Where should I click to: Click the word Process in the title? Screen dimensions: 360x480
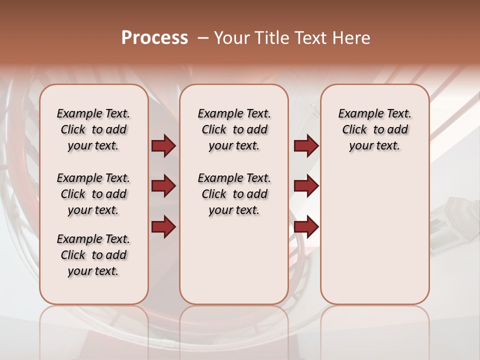tap(154, 38)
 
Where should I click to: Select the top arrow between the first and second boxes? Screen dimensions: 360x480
tap(163, 146)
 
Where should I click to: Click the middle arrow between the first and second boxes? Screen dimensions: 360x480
tap(163, 186)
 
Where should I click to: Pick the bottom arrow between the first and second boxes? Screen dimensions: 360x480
tap(163, 226)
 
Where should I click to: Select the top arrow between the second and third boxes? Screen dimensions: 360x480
tap(306, 146)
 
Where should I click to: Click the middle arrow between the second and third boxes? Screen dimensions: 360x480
tap(306, 186)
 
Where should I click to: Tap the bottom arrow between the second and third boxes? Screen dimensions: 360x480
tap(306, 226)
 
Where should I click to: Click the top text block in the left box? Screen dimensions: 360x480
tap(93, 129)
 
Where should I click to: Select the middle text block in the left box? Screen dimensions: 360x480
tap(93, 194)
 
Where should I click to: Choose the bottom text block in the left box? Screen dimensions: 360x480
tap(93, 255)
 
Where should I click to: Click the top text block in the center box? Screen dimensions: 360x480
tap(234, 129)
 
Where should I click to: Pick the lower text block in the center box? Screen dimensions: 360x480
tap(234, 194)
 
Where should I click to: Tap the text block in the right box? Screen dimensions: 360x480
tap(375, 129)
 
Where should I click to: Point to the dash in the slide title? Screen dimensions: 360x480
tap(203, 38)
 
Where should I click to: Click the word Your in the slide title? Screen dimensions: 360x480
tap(232, 38)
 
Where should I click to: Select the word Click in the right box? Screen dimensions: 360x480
tap(354, 130)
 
